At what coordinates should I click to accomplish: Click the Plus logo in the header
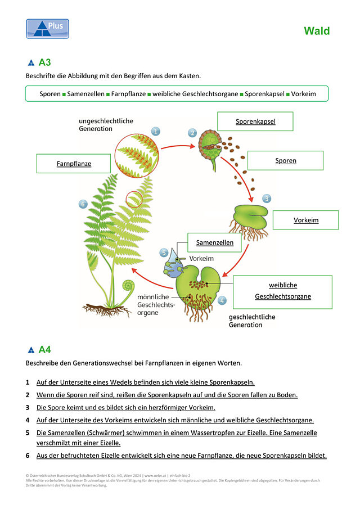(x=47, y=29)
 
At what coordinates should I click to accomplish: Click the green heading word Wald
(x=317, y=31)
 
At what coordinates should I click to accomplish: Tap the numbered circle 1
(x=155, y=132)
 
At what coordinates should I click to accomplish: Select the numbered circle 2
(x=192, y=133)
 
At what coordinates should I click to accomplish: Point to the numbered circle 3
(x=267, y=199)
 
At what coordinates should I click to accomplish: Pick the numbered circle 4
(x=222, y=300)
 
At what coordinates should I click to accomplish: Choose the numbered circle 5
(x=164, y=253)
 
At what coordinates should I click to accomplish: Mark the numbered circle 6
(x=83, y=204)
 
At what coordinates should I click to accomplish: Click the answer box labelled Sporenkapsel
(x=255, y=121)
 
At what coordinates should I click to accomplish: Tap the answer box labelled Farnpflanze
(x=74, y=164)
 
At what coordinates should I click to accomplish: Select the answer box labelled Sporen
(x=286, y=160)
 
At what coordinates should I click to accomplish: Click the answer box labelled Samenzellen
(x=214, y=242)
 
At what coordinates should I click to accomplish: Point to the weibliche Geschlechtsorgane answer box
(x=283, y=292)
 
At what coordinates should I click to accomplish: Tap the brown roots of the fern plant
(x=106, y=310)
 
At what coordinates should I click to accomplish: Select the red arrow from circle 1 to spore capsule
(x=178, y=146)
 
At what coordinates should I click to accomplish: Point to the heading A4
(x=45, y=350)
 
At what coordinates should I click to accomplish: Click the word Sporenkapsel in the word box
(x=264, y=94)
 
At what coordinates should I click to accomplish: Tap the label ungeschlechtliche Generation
(x=106, y=125)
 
